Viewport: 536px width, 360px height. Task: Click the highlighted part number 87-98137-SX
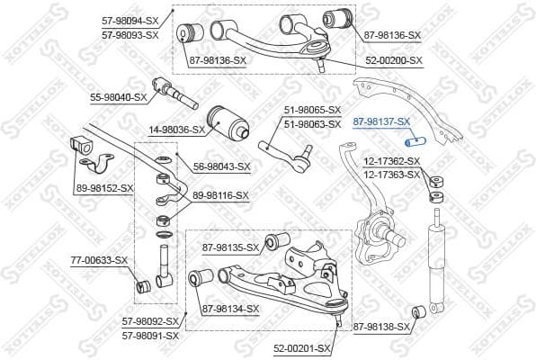pos(382,121)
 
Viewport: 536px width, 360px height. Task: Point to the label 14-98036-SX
pos(176,129)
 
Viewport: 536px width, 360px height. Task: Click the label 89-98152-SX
pos(104,188)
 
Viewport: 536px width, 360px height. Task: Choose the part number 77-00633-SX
pos(99,261)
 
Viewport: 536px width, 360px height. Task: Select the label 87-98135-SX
pos(230,247)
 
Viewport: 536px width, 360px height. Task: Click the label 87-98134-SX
pos(230,309)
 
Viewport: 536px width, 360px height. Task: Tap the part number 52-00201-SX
pos(301,348)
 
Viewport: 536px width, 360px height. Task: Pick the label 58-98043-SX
pos(222,166)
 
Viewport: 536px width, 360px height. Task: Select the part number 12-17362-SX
pos(391,160)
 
